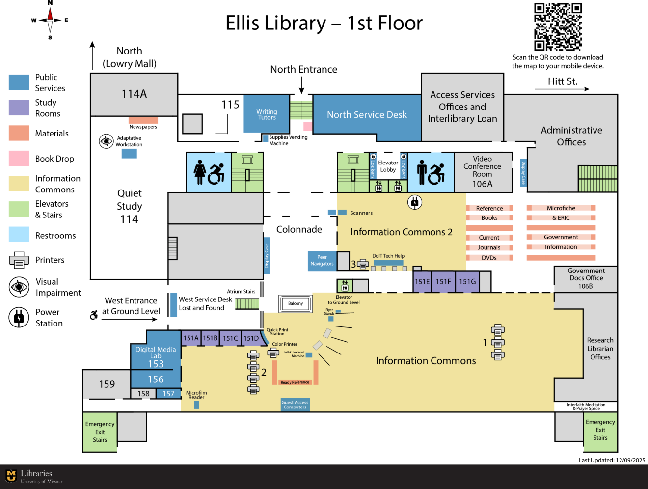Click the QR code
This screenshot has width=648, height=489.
558,27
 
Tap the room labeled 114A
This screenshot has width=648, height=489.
134,94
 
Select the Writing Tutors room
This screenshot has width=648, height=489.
266,114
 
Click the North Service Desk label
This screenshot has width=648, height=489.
367,115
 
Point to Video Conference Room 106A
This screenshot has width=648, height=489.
483,172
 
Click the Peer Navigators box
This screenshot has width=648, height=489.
322,261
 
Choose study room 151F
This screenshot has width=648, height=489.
443,282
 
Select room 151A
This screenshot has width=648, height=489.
191,338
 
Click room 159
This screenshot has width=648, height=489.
107,384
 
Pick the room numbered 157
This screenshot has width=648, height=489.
168,394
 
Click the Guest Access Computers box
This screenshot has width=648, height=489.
295,405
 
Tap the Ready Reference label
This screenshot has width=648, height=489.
295,382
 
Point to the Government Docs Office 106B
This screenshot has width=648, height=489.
586,278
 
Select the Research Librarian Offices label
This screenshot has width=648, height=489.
600,349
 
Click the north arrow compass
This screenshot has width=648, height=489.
50,20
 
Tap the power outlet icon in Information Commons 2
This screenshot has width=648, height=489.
415,202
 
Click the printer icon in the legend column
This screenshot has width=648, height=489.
19,260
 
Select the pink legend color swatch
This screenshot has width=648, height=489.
19,158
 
